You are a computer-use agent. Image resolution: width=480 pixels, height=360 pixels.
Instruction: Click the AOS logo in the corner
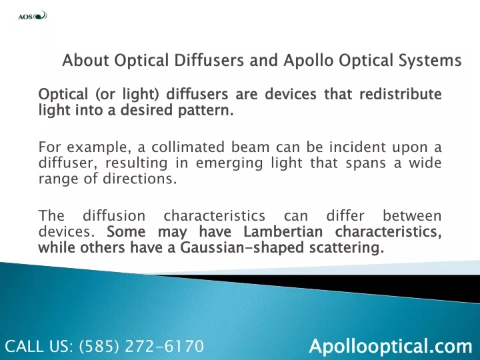33,15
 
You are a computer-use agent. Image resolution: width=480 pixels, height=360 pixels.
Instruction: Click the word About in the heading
85,60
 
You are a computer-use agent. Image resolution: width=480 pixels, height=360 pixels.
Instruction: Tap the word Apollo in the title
308,61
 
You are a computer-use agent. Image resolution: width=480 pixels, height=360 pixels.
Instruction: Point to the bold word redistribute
401,94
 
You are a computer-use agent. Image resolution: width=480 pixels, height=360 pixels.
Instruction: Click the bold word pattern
206,110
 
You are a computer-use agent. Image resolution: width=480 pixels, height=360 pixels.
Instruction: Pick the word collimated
188,147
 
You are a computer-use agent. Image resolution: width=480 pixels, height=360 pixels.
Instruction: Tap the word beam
250,147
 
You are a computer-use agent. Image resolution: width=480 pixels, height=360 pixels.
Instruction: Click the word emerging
229,164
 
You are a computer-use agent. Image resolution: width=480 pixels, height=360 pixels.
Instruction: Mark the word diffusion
114,216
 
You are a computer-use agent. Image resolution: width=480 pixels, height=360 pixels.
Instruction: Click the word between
412,216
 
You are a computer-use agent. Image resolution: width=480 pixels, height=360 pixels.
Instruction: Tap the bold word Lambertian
283,232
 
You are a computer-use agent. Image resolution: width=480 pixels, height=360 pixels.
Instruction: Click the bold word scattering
346,248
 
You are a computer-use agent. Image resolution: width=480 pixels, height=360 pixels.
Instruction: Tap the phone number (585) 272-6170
141,346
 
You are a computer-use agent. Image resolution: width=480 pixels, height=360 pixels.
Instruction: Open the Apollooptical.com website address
391,346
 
